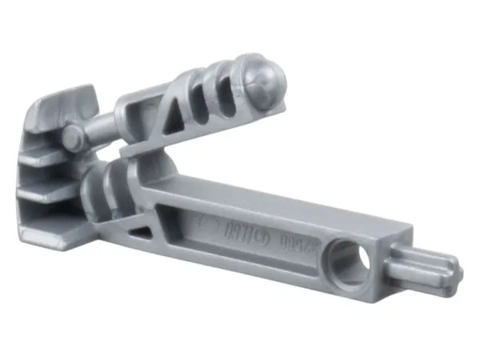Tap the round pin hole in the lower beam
pos(351,258)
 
